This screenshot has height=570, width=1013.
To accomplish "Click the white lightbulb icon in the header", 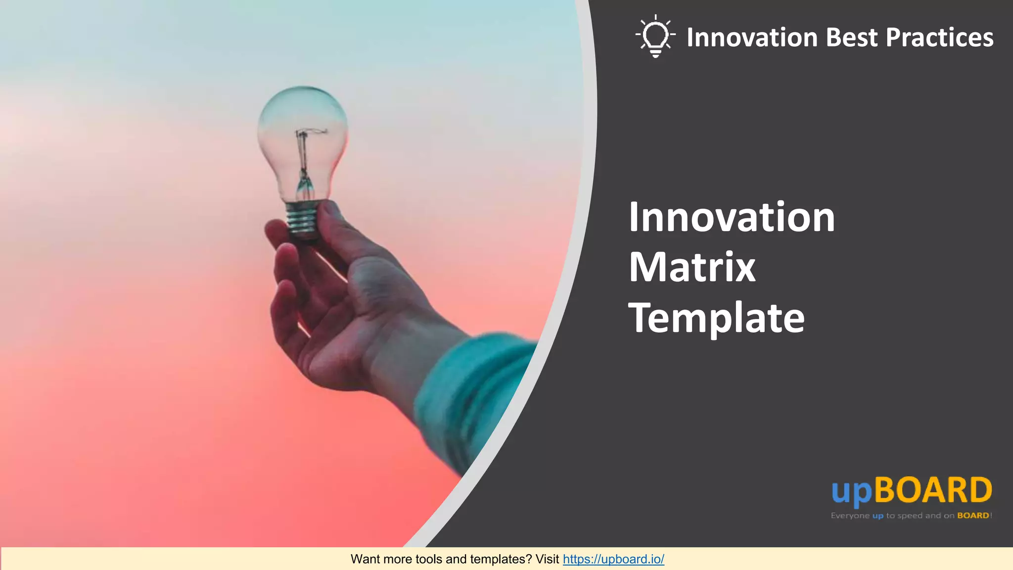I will click(655, 37).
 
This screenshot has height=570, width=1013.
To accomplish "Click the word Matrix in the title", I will click(691, 267).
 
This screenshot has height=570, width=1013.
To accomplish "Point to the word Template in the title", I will click(716, 318).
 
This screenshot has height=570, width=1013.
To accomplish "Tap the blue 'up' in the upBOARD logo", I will click(851, 492).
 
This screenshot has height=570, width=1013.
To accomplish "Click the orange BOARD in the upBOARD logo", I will click(933, 490).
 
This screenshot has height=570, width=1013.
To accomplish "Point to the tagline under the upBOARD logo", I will click(911, 516).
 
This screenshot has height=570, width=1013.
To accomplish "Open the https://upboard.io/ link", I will click(613, 559).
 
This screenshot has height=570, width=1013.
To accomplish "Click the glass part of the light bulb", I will click(303, 124).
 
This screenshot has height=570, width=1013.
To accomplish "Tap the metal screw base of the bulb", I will click(302, 220).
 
